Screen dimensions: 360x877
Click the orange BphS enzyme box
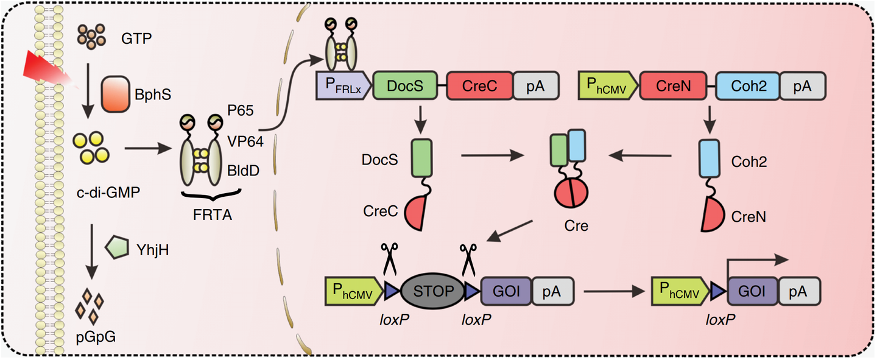click(x=114, y=94)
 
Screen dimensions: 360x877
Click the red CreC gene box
click(x=480, y=86)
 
